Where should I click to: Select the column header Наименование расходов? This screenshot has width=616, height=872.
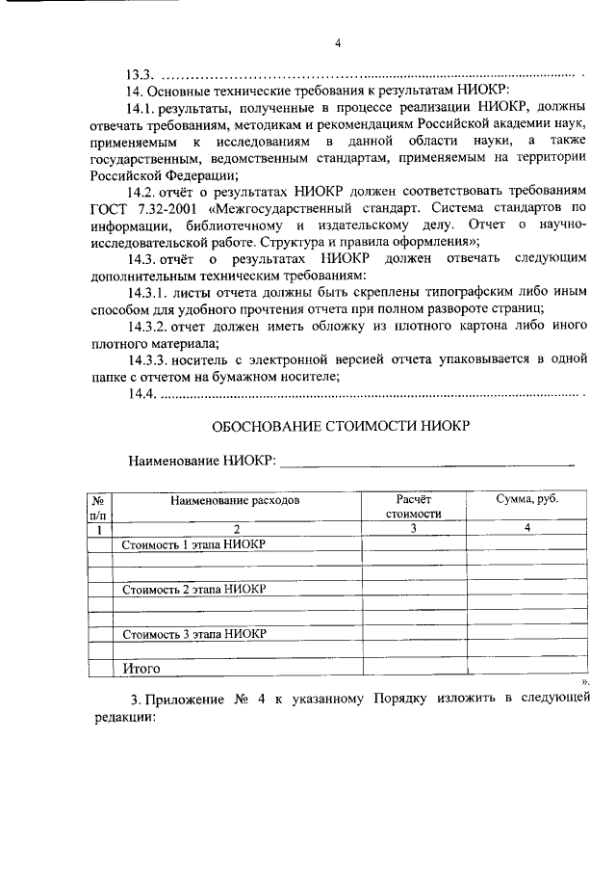pyautogui.click(x=236, y=501)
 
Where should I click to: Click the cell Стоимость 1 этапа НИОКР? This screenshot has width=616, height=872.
pyautogui.click(x=193, y=545)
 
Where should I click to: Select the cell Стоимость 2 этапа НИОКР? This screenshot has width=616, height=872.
pyautogui.click(x=193, y=590)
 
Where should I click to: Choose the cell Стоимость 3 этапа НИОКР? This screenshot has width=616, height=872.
pyautogui.click(x=193, y=634)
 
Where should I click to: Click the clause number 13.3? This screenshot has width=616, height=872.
pyautogui.click(x=140, y=74)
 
